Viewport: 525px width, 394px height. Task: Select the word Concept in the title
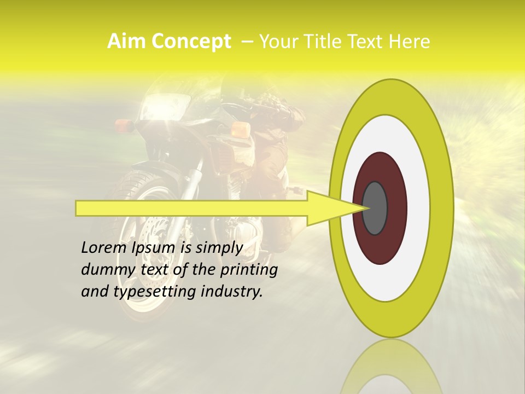point(191,42)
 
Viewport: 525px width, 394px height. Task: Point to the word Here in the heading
point(410,42)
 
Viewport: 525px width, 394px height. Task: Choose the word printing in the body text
point(249,270)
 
